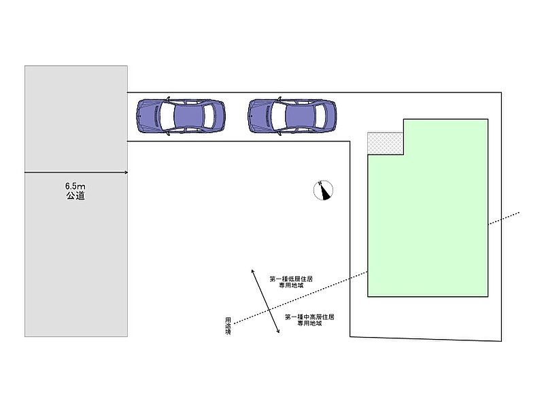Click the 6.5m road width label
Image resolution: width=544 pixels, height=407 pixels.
75,186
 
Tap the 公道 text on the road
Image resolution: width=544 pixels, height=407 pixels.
75,196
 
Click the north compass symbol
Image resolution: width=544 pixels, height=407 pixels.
323,190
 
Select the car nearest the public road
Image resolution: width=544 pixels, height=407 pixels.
181,116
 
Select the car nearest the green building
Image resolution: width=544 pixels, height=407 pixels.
292,116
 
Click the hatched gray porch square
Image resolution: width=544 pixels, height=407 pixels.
385,143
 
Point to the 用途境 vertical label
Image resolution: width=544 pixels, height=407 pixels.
228,325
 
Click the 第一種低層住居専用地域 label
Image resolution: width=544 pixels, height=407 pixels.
291,282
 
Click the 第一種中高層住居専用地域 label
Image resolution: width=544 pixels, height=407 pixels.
309,319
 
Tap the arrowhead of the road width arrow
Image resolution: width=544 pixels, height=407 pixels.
126,173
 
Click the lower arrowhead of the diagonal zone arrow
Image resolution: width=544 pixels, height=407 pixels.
278,332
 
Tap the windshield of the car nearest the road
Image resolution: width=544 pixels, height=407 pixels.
167,116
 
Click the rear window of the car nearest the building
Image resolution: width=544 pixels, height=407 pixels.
320,116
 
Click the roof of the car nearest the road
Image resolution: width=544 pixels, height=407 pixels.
189,116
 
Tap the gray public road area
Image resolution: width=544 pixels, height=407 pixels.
76,201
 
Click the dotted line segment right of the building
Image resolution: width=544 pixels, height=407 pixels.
504,218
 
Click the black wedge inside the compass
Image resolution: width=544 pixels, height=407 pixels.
325,194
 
